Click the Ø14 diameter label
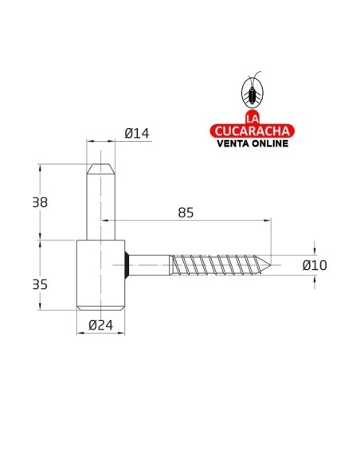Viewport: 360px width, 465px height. point(137,135)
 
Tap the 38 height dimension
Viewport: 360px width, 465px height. point(39,202)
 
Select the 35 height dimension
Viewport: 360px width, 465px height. point(39,283)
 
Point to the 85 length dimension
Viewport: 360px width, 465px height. point(186,213)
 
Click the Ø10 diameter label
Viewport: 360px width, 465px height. point(315,265)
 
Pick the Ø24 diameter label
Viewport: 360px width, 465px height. point(100,324)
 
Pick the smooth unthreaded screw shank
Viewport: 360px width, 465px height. point(150,263)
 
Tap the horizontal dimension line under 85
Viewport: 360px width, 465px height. point(191,224)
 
